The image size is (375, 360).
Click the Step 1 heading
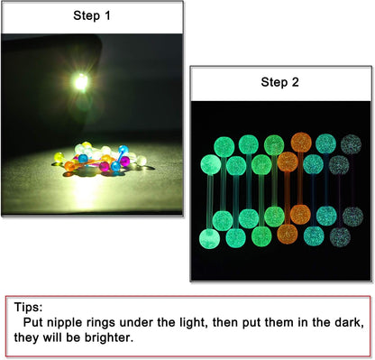coord(92,15)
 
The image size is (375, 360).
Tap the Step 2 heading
coord(280,82)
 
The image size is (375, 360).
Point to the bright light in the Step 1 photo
coord(80,82)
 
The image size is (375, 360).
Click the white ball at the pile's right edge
coord(142,161)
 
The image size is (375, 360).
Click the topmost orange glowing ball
coord(301,142)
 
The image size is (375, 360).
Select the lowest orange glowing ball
coord(288,234)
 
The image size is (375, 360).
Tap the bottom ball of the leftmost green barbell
coord(210,239)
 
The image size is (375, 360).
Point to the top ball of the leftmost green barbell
coord(210,164)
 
